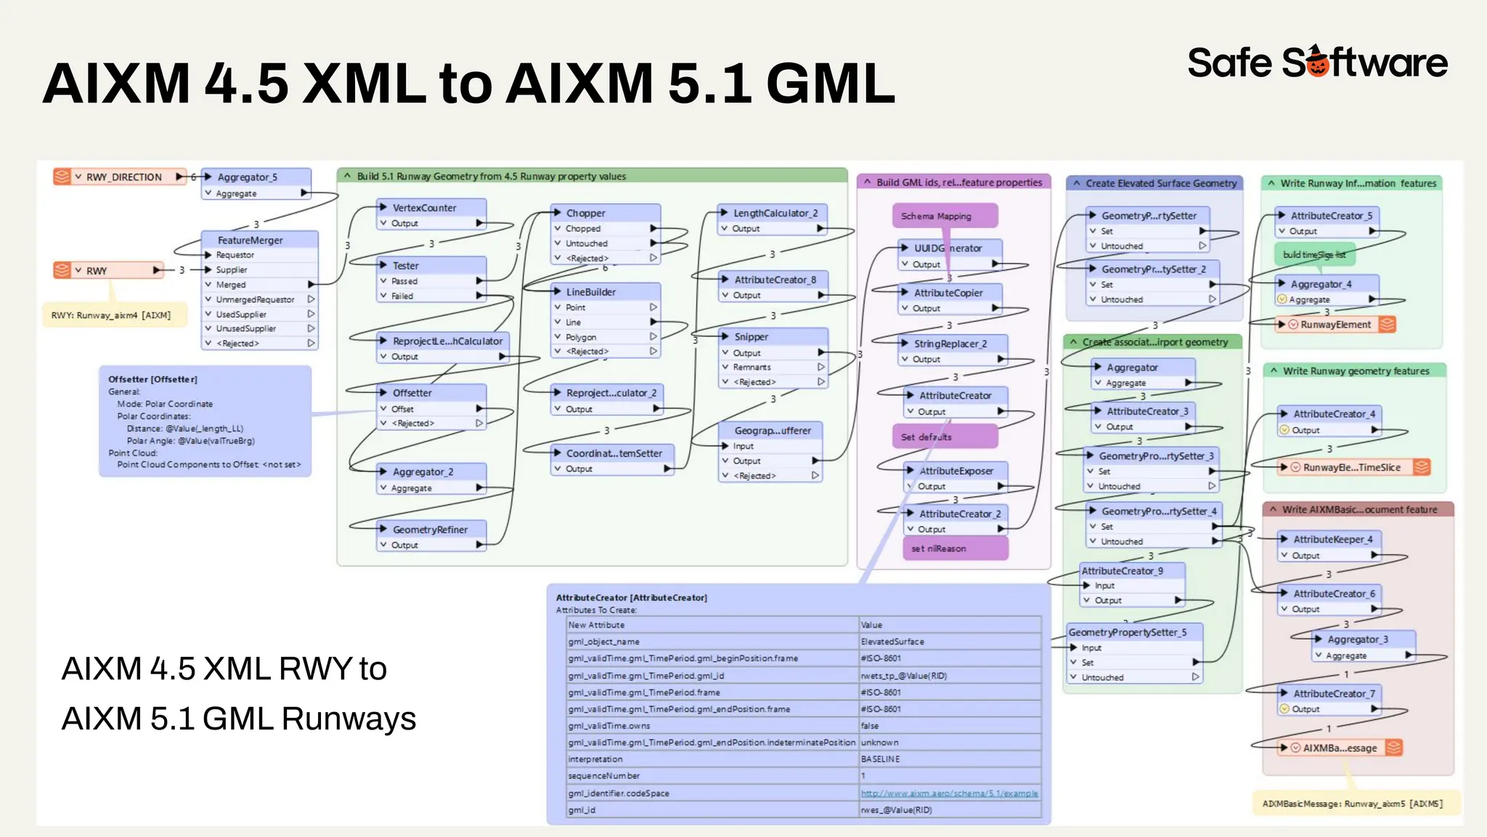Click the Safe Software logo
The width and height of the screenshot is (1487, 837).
(x=1317, y=62)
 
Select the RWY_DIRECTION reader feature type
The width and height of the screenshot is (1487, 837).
(x=123, y=177)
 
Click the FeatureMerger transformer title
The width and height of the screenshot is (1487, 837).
(x=250, y=240)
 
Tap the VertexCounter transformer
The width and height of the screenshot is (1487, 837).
(x=425, y=208)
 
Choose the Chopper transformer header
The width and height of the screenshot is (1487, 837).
(x=586, y=213)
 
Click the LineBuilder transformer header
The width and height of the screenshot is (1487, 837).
(x=591, y=292)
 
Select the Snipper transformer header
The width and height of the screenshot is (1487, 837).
(x=751, y=336)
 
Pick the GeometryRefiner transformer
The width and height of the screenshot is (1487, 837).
(x=430, y=530)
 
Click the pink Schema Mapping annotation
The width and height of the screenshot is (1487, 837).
(x=936, y=216)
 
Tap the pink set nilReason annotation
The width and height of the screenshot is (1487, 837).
(x=939, y=549)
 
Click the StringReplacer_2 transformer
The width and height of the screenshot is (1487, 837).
(x=950, y=344)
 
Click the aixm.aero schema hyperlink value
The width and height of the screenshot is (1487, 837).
(x=949, y=793)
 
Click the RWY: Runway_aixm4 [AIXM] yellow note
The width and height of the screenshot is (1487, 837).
(x=111, y=315)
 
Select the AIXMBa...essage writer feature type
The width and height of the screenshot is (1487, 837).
(x=1340, y=748)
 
